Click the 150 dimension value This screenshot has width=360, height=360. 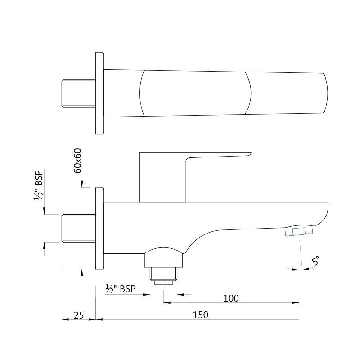coord(201,315)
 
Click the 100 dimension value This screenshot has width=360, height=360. coord(231,298)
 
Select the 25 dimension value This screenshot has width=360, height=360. coord(79,315)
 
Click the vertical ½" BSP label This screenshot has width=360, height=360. coord(39,185)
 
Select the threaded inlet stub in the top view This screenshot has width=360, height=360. coord(78,93)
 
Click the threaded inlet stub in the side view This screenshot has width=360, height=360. coord(78,228)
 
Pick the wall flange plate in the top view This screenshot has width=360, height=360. coord(99,93)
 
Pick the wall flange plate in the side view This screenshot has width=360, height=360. coord(99,229)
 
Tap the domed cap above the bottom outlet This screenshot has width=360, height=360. coord(164,255)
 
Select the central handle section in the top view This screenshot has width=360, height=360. coord(195,93)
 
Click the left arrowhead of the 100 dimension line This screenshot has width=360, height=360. coord(166,303)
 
